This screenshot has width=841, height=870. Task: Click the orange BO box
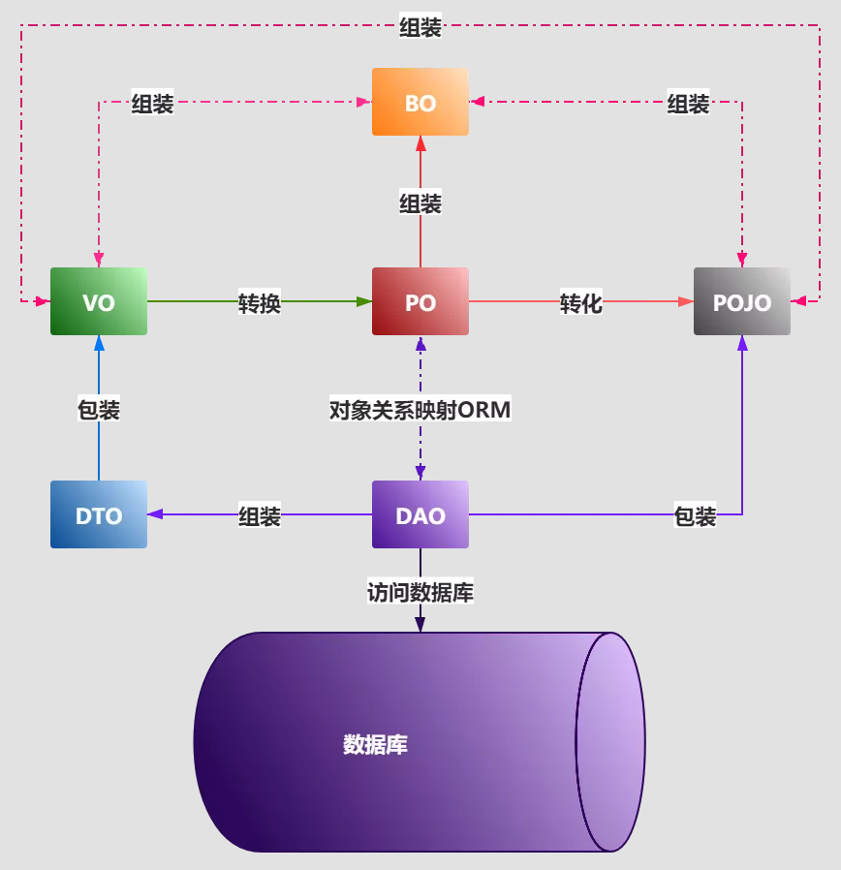tap(420, 102)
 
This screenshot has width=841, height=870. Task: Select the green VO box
tap(99, 301)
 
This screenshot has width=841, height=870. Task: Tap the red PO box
tap(420, 301)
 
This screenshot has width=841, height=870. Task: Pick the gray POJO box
tap(742, 301)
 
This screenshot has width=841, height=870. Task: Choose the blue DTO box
tap(99, 514)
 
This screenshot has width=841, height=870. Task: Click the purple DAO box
tap(420, 514)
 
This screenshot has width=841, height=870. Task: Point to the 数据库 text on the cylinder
tap(375, 744)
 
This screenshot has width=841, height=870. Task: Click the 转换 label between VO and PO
tap(260, 303)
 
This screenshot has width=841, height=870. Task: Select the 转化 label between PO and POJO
tap(580, 303)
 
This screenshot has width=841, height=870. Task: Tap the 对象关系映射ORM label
tap(420, 410)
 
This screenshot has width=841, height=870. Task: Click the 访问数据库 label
tap(420, 592)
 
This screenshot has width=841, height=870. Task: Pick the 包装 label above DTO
tap(99, 410)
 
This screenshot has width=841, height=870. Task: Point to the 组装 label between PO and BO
tap(420, 203)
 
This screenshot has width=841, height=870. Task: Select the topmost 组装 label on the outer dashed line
tap(420, 26)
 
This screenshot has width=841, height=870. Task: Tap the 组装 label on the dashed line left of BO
tap(152, 104)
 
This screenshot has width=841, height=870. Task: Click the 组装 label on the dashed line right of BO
tap(688, 104)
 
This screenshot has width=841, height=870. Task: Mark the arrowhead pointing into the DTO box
tap(155, 514)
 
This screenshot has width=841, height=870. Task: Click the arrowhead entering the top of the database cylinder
tap(420, 624)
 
